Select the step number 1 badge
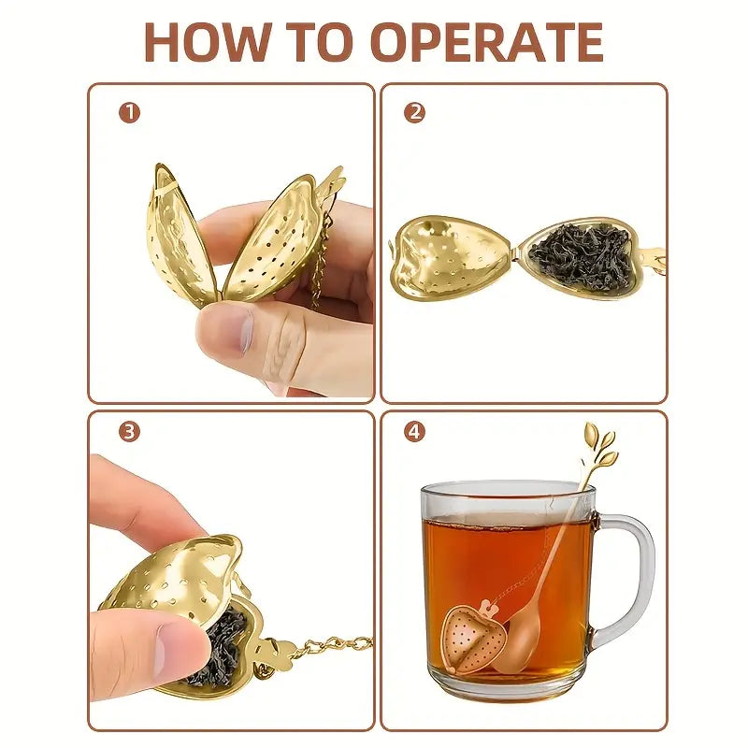tap(129, 113)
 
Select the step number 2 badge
tap(414, 113)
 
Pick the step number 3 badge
tap(129, 432)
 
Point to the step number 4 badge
tap(414, 432)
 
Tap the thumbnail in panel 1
tap(249, 330)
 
